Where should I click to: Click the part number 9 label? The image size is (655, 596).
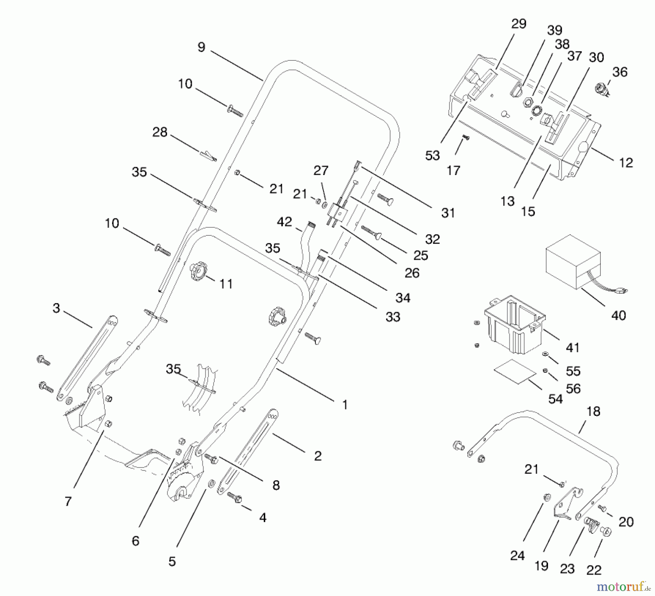201,47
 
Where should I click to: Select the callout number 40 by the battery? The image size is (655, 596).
618,315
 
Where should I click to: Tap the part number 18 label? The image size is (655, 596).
593,412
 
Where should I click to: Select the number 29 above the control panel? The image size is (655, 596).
519,24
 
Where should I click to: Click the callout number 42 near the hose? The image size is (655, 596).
284,222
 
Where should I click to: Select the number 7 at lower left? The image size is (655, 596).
68,501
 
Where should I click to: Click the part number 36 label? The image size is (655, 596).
620,72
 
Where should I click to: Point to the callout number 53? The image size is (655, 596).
432,156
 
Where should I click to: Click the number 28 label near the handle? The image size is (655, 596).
159,132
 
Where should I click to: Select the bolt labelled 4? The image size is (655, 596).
235,497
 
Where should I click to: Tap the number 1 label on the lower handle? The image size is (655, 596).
345,405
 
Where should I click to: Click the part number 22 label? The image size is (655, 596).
594,570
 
